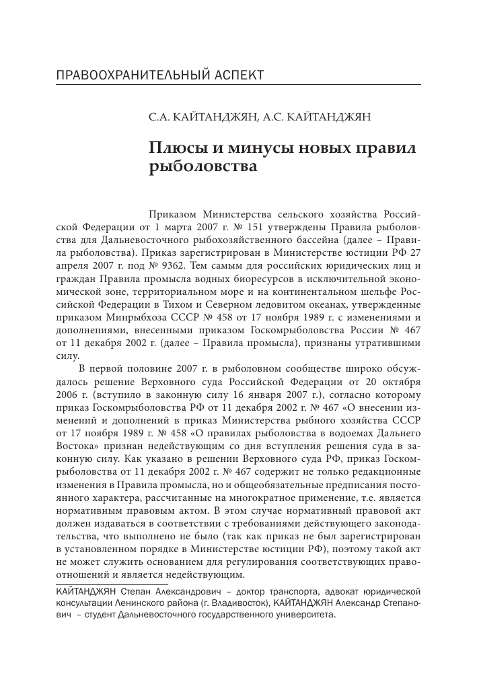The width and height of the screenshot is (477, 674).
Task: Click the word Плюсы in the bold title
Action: pyautogui.click(x=176, y=149)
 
